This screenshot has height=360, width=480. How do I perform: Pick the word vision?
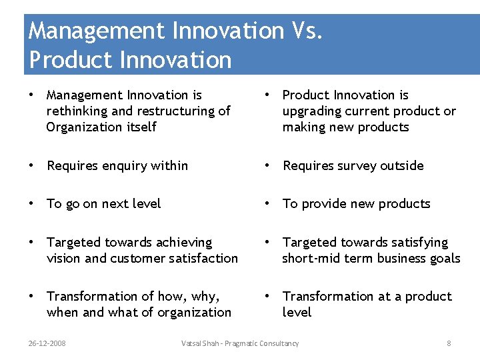[63, 258]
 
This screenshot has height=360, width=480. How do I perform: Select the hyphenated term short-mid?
[312, 258]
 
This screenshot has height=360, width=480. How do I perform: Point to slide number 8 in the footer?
[449, 343]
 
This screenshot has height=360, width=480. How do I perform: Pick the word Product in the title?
[69, 60]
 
